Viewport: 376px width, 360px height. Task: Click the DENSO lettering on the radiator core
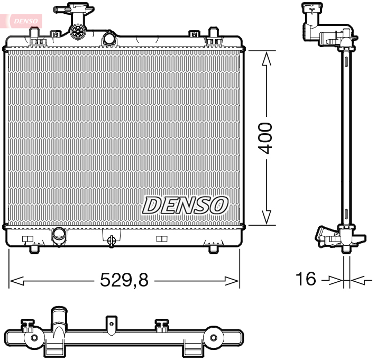click(x=185, y=206)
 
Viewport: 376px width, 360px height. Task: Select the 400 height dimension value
click(x=265, y=138)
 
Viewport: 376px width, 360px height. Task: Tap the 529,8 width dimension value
click(x=124, y=280)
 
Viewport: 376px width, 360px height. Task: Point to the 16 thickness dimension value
click(x=306, y=279)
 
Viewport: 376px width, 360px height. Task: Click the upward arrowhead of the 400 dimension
click(x=266, y=59)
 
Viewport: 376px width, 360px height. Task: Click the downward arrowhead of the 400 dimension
click(x=266, y=217)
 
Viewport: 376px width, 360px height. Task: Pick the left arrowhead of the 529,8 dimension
click(x=16, y=281)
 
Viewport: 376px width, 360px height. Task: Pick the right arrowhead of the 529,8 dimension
click(x=232, y=281)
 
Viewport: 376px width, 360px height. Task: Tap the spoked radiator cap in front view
click(x=78, y=31)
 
